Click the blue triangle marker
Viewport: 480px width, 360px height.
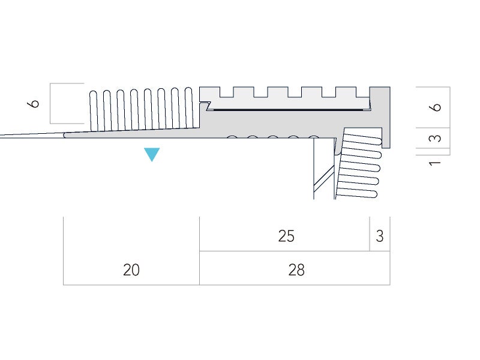[152, 154]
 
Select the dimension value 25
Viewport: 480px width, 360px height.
[286, 236]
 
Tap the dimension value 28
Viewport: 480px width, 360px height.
[296, 271]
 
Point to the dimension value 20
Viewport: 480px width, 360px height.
[131, 271]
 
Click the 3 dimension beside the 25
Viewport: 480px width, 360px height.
[379, 236]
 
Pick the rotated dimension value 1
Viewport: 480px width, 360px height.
[436, 162]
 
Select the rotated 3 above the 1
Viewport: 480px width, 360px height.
[436, 137]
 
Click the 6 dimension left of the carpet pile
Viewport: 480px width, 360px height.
[34, 103]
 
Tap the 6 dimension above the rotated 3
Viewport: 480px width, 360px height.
[436, 107]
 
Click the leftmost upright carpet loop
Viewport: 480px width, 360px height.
[94, 110]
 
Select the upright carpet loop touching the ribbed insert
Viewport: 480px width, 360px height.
[189, 108]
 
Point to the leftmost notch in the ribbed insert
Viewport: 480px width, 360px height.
[226, 92]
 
